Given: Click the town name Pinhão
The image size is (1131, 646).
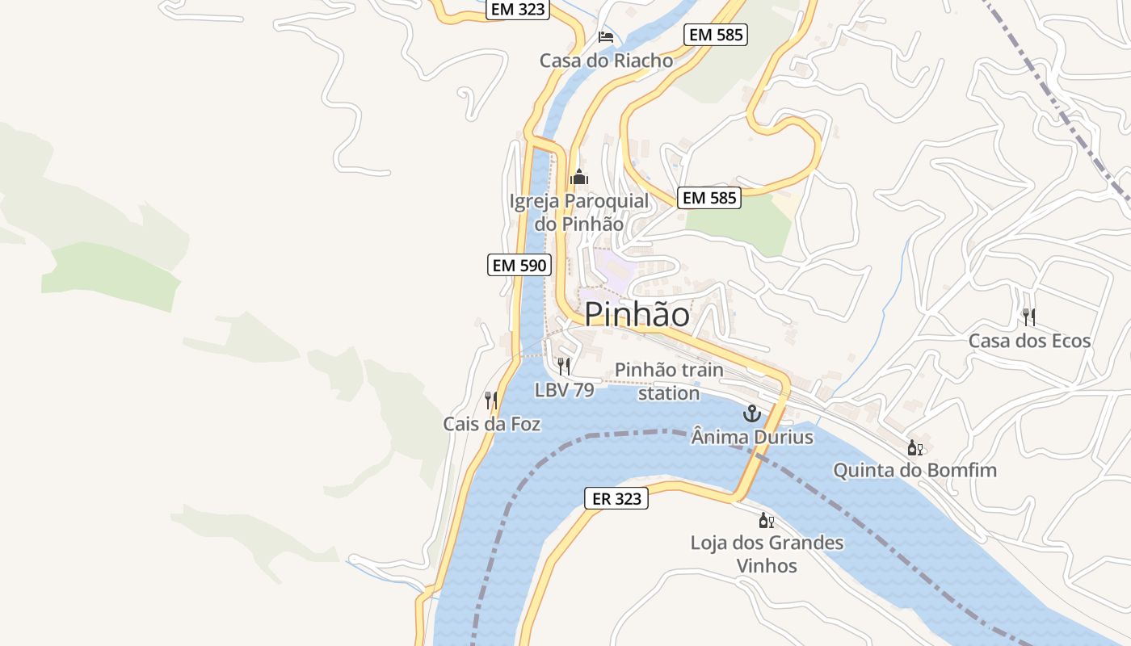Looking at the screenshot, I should pyautogui.click(x=637, y=314).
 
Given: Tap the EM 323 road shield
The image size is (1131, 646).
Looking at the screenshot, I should pyautogui.click(x=519, y=10).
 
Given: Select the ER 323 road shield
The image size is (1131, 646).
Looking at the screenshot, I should pyautogui.click(x=616, y=499).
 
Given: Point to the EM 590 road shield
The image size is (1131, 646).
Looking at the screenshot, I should pyautogui.click(x=519, y=265).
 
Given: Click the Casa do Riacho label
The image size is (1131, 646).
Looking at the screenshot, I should pyautogui.click(x=606, y=61).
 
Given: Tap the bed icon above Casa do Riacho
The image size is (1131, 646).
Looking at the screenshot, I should pyautogui.click(x=606, y=37).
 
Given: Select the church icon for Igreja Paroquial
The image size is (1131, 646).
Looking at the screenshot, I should pyautogui.click(x=578, y=177).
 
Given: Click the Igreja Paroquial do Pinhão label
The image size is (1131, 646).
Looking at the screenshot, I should pyautogui.click(x=579, y=212).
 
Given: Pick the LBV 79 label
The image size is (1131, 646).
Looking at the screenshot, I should pyautogui.click(x=564, y=390).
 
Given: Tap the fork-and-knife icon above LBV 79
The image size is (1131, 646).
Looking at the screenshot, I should pyautogui.click(x=564, y=366).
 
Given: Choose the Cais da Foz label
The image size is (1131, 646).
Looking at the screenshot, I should pyautogui.click(x=491, y=424).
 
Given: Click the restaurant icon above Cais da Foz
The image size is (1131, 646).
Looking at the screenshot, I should pyautogui.click(x=490, y=400).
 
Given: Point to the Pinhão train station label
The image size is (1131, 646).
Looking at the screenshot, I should pyautogui.click(x=669, y=381).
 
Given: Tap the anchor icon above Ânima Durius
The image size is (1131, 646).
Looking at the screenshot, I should pyautogui.click(x=752, y=414).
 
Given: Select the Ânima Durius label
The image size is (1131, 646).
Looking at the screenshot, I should pyautogui.click(x=752, y=438).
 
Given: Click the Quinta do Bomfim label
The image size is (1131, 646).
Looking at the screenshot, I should pyautogui.click(x=914, y=470).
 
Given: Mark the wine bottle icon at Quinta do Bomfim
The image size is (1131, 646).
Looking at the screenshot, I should pyautogui.click(x=914, y=447).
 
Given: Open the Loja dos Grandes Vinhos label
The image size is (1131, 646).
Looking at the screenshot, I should pyautogui.click(x=767, y=554).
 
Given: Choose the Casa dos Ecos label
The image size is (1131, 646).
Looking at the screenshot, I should pyautogui.click(x=1029, y=341).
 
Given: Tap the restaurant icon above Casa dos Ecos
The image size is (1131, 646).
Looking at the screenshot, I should pyautogui.click(x=1029, y=317).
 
